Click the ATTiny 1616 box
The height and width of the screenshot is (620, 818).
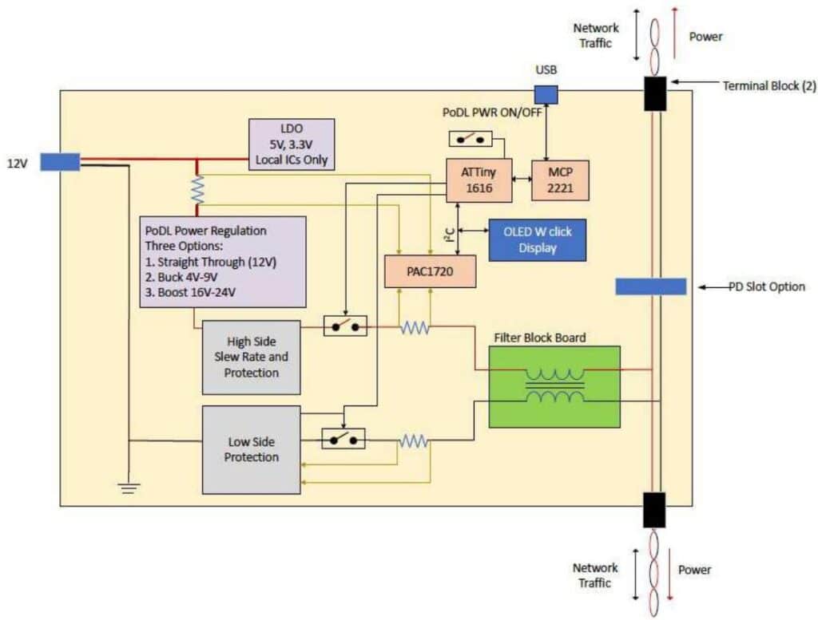click(478, 180)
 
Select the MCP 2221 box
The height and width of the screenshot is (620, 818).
click(560, 180)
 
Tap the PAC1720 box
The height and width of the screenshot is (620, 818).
click(430, 271)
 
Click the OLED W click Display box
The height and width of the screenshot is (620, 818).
click(537, 239)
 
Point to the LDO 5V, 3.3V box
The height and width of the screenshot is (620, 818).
click(292, 144)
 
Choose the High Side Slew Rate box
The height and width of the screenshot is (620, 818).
click(252, 357)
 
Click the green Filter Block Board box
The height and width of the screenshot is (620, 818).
click(554, 386)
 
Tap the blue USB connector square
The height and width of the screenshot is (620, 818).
click(546, 94)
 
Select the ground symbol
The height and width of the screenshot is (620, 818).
click(128, 487)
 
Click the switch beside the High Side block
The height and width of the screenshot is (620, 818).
click(345, 326)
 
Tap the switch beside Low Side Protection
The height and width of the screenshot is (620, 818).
click(343, 439)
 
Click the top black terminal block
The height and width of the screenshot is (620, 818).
click(656, 93)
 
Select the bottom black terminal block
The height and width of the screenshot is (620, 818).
click(654, 510)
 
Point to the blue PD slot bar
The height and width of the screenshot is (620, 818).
click(651, 286)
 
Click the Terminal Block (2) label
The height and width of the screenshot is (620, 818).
click(760, 85)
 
